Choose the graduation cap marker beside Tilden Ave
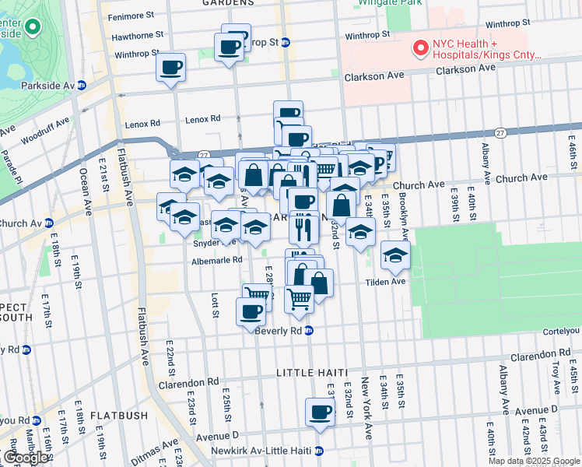[x=395, y=255]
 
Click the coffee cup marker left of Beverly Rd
[x=251, y=311]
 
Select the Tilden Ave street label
[x=387, y=281]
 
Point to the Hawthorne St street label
[x=137, y=35]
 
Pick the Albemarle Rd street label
[x=217, y=260]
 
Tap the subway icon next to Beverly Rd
[x=309, y=331]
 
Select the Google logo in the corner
[x=26, y=458]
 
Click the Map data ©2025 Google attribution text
[x=533, y=461]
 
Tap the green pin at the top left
[x=33, y=28]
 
